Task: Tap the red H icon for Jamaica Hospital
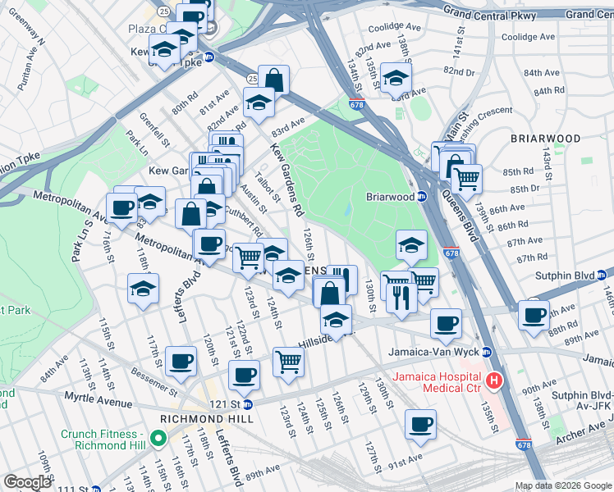[x=494, y=380]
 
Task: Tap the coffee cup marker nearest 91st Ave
[x=420, y=425]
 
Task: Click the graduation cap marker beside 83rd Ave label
[x=258, y=103]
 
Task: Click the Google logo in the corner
[x=27, y=482]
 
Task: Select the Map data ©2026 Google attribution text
[x=561, y=485]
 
